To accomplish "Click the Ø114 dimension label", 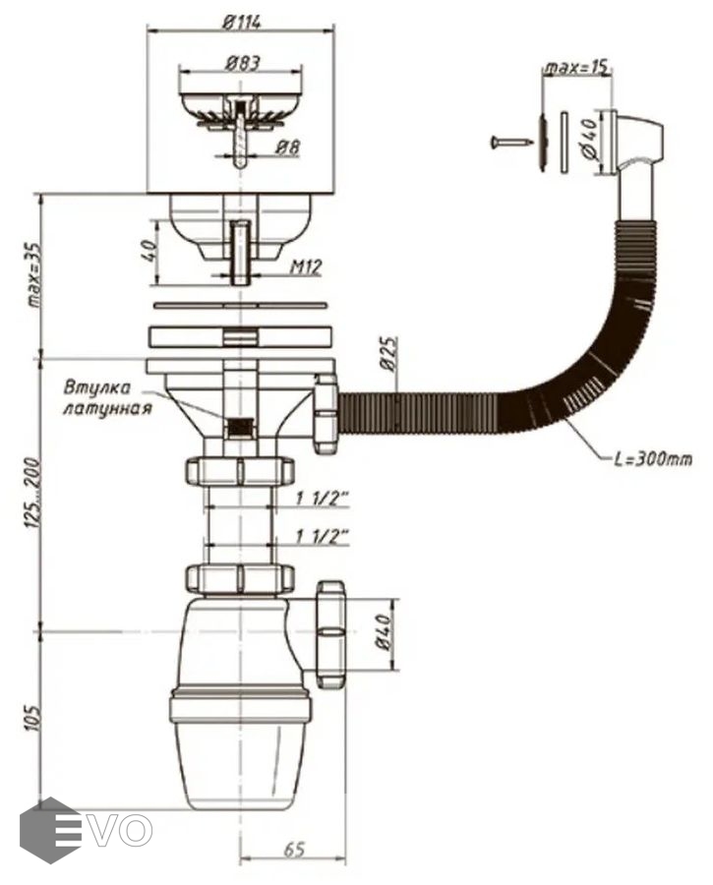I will [241, 22].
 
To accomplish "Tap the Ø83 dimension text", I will [241, 62].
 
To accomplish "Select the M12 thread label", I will [307, 265].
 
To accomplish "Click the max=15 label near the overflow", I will [577, 67].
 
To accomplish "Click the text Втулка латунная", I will [108, 395].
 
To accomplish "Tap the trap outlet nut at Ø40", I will [329, 632].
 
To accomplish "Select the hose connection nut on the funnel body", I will [326, 412].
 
